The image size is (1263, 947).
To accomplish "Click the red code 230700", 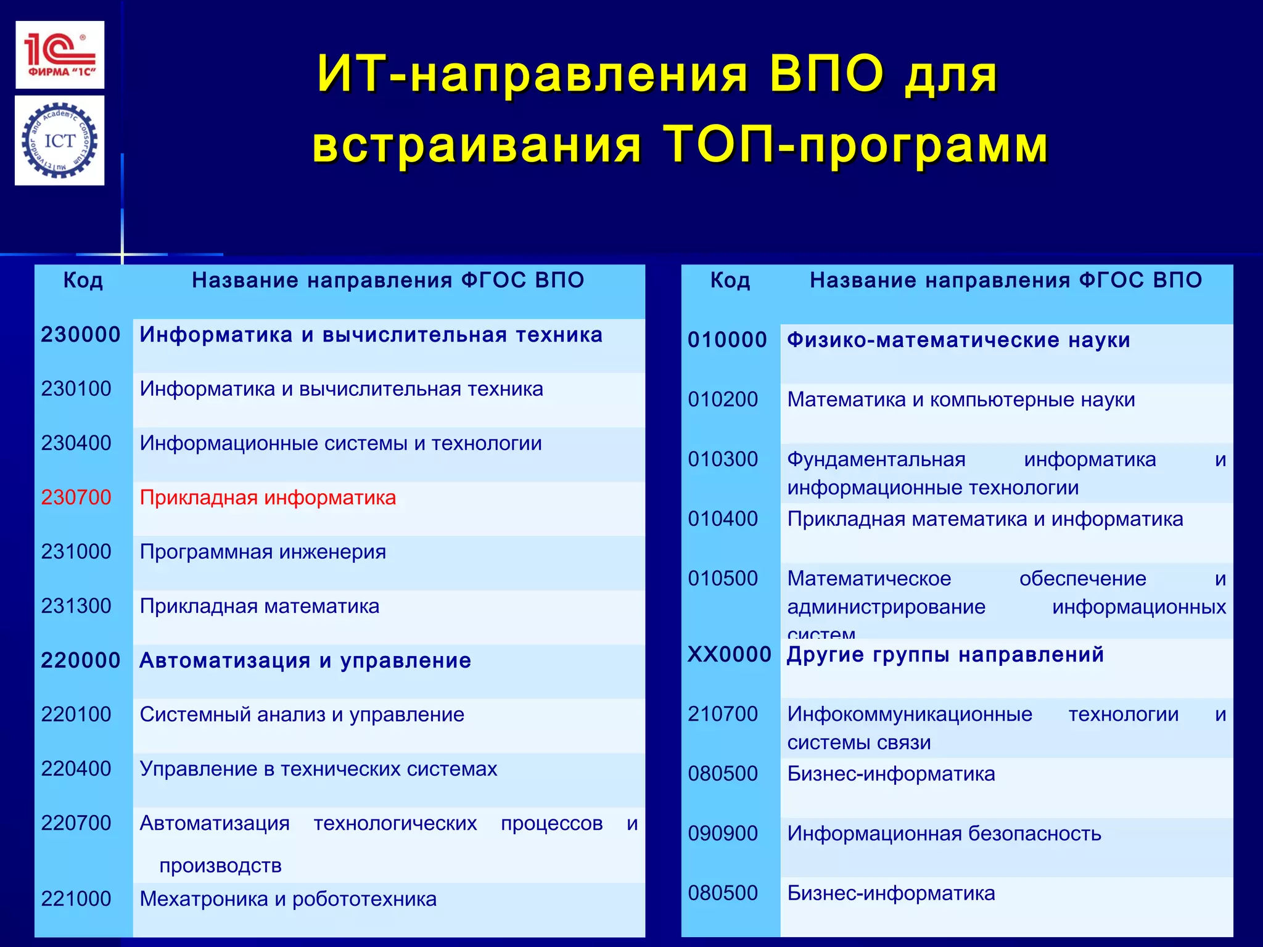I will click(x=76, y=498).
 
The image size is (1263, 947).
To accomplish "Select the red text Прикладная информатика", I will click(x=268, y=498).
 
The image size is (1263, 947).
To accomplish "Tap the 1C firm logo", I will click(x=60, y=55).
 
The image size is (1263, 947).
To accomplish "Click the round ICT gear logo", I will click(x=60, y=141).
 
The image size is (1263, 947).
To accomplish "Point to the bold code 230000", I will click(x=81, y=335).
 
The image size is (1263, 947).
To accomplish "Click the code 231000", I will click(x=76, y=552).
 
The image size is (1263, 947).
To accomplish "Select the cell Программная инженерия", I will click(x=263, y=552).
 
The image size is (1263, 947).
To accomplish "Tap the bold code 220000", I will click(x=81, y=660).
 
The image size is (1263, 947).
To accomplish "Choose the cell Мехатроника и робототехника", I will click(x=288, y=899).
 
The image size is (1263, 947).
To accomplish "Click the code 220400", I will click(x=76, y=769).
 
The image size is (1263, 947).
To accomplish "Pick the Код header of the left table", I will click(x=83, y=281).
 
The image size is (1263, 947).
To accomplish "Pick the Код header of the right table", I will click(x=730, y=281).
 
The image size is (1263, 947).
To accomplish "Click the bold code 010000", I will click(x=727, y=340).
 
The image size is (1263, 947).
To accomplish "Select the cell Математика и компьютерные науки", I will click(x=961, y=400).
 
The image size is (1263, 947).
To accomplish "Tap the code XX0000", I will click(x=730, y=654).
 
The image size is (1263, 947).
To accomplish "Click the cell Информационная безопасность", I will click(x=944, y=834).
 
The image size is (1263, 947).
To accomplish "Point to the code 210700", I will click(x=723, y=714).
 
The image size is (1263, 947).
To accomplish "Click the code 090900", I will click(x=723, y=834).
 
